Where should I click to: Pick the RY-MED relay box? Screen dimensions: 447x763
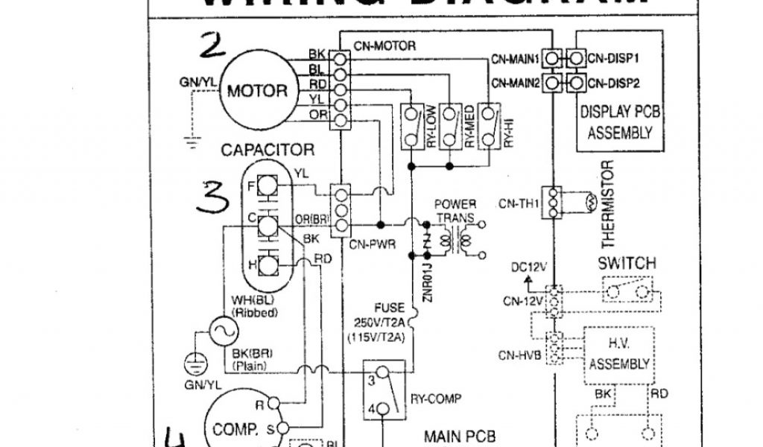coord(449,127)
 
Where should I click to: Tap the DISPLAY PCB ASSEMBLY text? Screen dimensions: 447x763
coord(621,123)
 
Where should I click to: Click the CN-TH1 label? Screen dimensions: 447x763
coord(519,203)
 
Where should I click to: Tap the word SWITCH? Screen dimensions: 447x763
coord(627,263)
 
